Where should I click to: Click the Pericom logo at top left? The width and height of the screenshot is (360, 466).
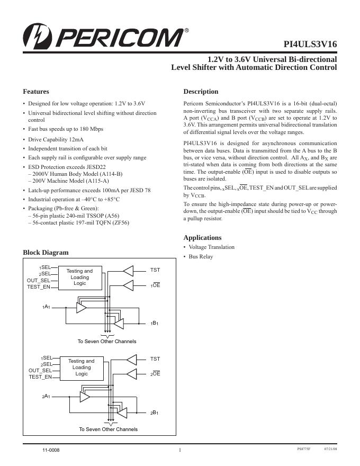click(x=103, y=37)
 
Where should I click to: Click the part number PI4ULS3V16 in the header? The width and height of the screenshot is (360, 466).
click(x=310, y=44)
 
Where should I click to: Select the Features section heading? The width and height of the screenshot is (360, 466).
click(x=36, y=92)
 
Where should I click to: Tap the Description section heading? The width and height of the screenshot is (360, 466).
click(x=201, y=92)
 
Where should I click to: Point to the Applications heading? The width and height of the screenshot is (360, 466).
click(x=202, y=238)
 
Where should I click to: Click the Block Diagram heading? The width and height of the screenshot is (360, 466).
click(x=46, y=253)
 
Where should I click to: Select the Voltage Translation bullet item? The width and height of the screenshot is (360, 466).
click(x=211, y=247)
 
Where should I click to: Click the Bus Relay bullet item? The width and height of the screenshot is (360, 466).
click(x=201, y=257)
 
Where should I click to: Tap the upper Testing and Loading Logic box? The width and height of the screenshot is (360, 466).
click(x=79, y=277)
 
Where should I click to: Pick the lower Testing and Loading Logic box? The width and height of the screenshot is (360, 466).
click(x=81, y=367)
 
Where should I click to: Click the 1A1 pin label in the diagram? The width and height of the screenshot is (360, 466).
click(x=47, y=307)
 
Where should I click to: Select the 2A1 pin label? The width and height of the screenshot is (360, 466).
click(x=47, y=396)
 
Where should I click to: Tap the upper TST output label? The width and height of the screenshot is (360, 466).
click(x=155, y=270)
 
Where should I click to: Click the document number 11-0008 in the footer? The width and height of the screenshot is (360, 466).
click(x=51, y=450)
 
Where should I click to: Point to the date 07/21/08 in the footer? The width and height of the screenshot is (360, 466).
click(x=330, y=449)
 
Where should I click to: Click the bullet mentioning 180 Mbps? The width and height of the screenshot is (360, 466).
click(x=66, y=129)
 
